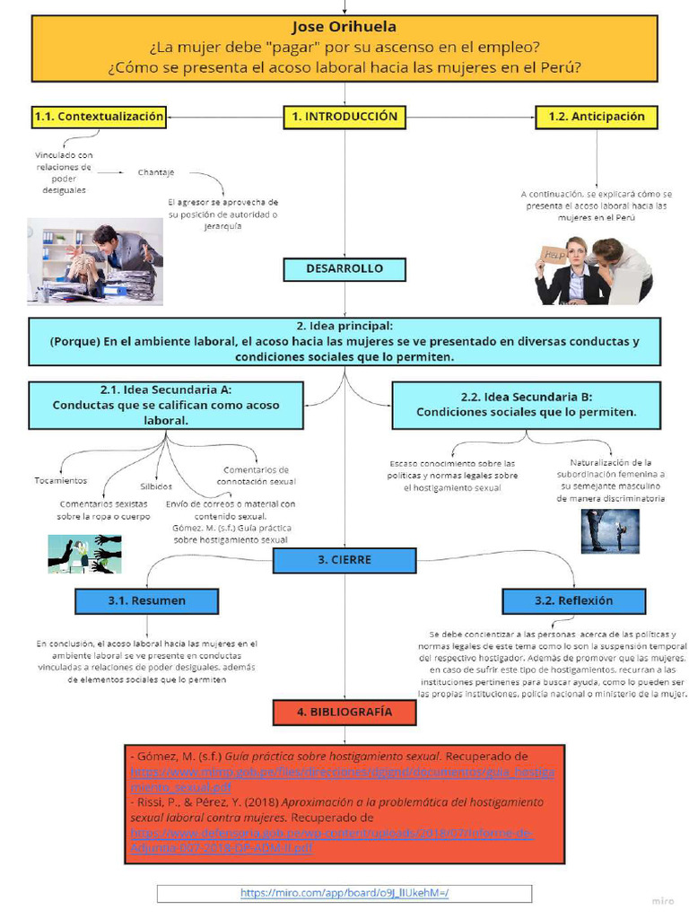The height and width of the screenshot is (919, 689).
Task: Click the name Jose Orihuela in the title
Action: click(344, 27)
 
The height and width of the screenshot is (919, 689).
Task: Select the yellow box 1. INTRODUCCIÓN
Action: click(344, 117)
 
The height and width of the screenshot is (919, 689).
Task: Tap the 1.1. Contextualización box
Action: click(99, 117)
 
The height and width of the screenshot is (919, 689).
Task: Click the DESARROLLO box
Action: click(344, 269)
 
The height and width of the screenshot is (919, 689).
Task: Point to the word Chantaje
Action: click(156, 172)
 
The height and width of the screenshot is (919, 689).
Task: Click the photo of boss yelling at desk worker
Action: click(95, 261)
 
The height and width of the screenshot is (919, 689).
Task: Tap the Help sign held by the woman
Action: click(555, 255)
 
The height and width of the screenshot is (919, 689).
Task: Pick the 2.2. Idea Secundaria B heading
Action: click(527, 397)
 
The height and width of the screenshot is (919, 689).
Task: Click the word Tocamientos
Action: click(61, 480)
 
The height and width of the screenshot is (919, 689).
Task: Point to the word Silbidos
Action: click(156, 486)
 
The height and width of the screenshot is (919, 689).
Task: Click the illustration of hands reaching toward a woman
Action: click(84, 553)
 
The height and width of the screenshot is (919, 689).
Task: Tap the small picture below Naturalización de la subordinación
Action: click(609, 530)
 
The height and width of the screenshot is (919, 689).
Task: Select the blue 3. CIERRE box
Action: click(344, 560)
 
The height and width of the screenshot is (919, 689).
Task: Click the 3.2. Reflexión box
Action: click(573, 600)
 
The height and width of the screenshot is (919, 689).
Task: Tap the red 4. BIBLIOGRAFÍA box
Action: click(344, 712)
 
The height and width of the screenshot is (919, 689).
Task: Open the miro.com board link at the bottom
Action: click(344, 893)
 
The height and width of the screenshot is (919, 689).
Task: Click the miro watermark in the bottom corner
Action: click(662, 900)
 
